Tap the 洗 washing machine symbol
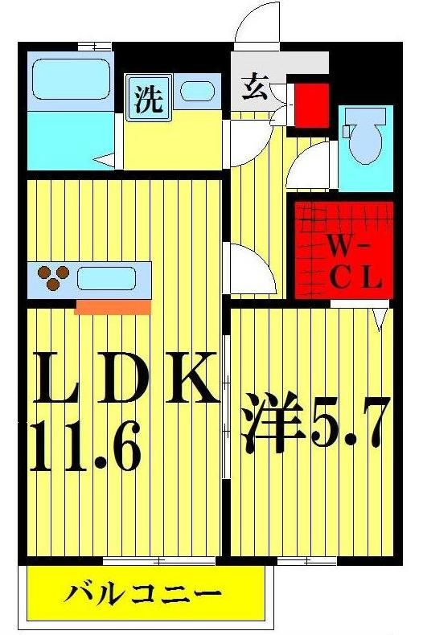coord(146,99)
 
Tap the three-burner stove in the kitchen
coord(54,277)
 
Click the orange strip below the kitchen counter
coord(113,306)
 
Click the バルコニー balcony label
coord(142,596)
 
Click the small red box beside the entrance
coord(310,101)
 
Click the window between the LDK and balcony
coord(138,559)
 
